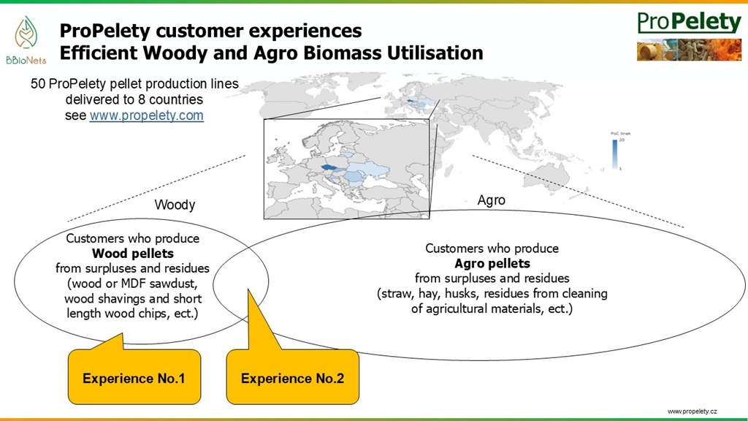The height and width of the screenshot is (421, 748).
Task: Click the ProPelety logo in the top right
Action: coord(689,22)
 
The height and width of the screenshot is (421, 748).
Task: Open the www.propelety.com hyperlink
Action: coord(146,116)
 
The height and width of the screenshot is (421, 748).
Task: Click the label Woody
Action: coord(175,205)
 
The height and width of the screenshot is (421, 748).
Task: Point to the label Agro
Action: coord(491,200)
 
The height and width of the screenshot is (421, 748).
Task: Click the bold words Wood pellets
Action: coord(132,253)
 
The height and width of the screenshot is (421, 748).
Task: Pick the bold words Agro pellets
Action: coord(492,263)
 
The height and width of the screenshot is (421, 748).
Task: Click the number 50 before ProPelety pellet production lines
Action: coord(38,84)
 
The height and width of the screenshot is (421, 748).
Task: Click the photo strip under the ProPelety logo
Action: coord(689,50)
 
